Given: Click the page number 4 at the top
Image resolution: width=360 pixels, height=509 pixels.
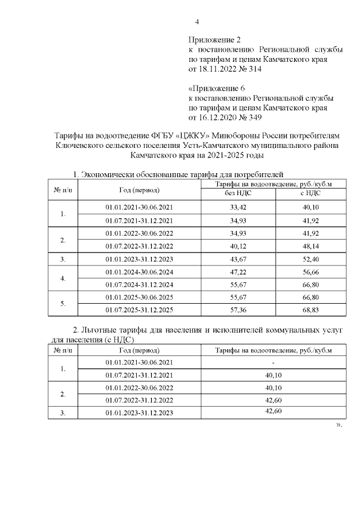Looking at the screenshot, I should (197, 22).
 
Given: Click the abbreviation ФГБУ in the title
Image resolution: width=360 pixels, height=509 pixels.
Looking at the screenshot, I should (166, 136).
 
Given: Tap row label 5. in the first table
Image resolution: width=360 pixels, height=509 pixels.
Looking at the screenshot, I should (63, 304).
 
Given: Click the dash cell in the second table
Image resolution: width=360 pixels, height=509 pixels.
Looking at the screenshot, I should (273, 362).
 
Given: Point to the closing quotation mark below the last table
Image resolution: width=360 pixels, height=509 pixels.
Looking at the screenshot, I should (339, 425).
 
